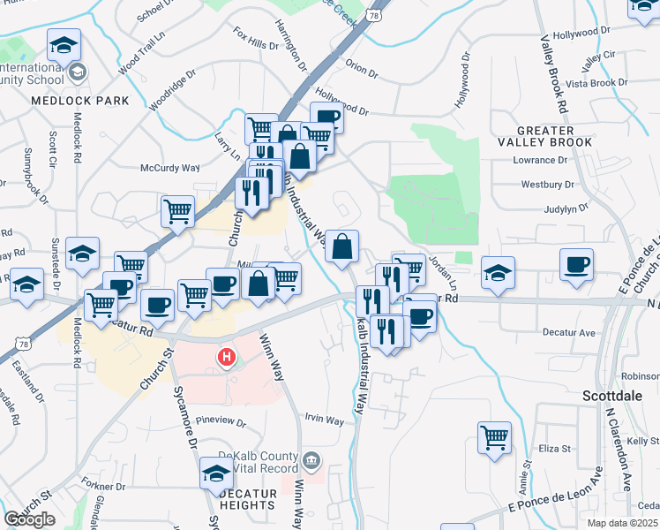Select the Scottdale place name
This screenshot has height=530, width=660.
[612, 396]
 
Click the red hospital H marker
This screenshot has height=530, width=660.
[227, 357]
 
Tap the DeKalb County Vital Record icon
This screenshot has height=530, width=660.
[311, 459]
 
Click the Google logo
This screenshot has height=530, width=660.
[29, 519]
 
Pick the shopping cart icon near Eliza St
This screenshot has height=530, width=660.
[494, 436]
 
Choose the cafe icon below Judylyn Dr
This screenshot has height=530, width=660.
[577, 264]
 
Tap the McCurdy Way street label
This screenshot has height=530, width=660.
[170, 167]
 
